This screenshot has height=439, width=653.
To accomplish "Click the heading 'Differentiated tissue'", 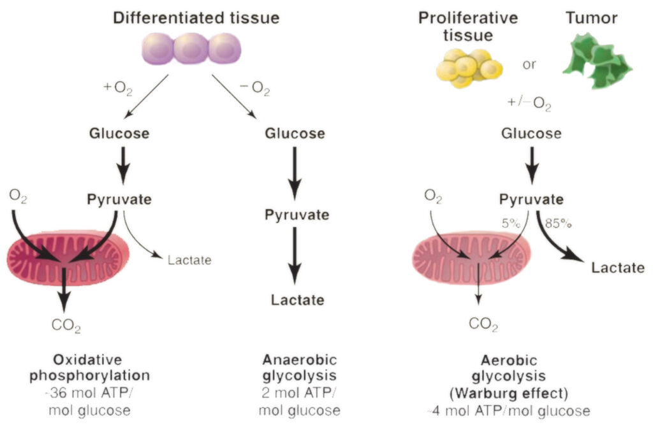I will (x=196, y=18).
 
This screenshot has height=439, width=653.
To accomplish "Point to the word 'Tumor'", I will (x=591, y=18).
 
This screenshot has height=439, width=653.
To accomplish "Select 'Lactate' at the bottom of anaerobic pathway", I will (x=294, y=299).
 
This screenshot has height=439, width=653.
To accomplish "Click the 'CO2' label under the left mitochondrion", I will (x=66, y=327).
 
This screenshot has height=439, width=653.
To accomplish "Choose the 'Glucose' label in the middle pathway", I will (x=294, y=134).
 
